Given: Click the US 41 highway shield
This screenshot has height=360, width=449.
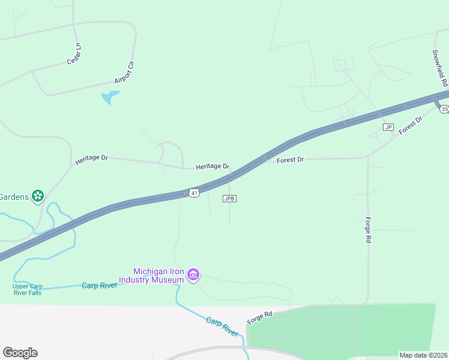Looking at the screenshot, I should point(193,193).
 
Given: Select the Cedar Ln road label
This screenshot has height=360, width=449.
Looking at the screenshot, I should point(74,54).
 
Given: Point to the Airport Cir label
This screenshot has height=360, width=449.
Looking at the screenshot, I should point(124,72).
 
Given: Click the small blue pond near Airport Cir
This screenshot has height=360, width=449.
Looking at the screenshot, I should point(109,97).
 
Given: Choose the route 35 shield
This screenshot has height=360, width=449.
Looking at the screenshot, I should point(444,109).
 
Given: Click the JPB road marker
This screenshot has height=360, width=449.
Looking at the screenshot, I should point(229,199).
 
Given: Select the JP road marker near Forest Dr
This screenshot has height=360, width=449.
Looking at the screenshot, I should point(388,127).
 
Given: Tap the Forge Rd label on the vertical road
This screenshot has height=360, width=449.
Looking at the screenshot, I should point(369,230).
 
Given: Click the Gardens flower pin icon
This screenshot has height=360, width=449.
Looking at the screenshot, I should point(38,196).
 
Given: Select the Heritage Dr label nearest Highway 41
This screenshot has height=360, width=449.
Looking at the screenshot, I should point(212,166).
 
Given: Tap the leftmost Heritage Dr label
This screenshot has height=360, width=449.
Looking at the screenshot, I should point(91,160).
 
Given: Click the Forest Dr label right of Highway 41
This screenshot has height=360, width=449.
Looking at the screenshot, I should point(291,160).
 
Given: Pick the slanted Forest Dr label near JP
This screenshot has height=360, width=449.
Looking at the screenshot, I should point(411,128).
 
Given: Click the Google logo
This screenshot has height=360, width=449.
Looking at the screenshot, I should point(20,353).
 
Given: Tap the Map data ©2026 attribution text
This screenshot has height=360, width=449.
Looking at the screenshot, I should point(423,355).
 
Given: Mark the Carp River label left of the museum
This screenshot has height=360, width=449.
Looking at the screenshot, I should point(99,286).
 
